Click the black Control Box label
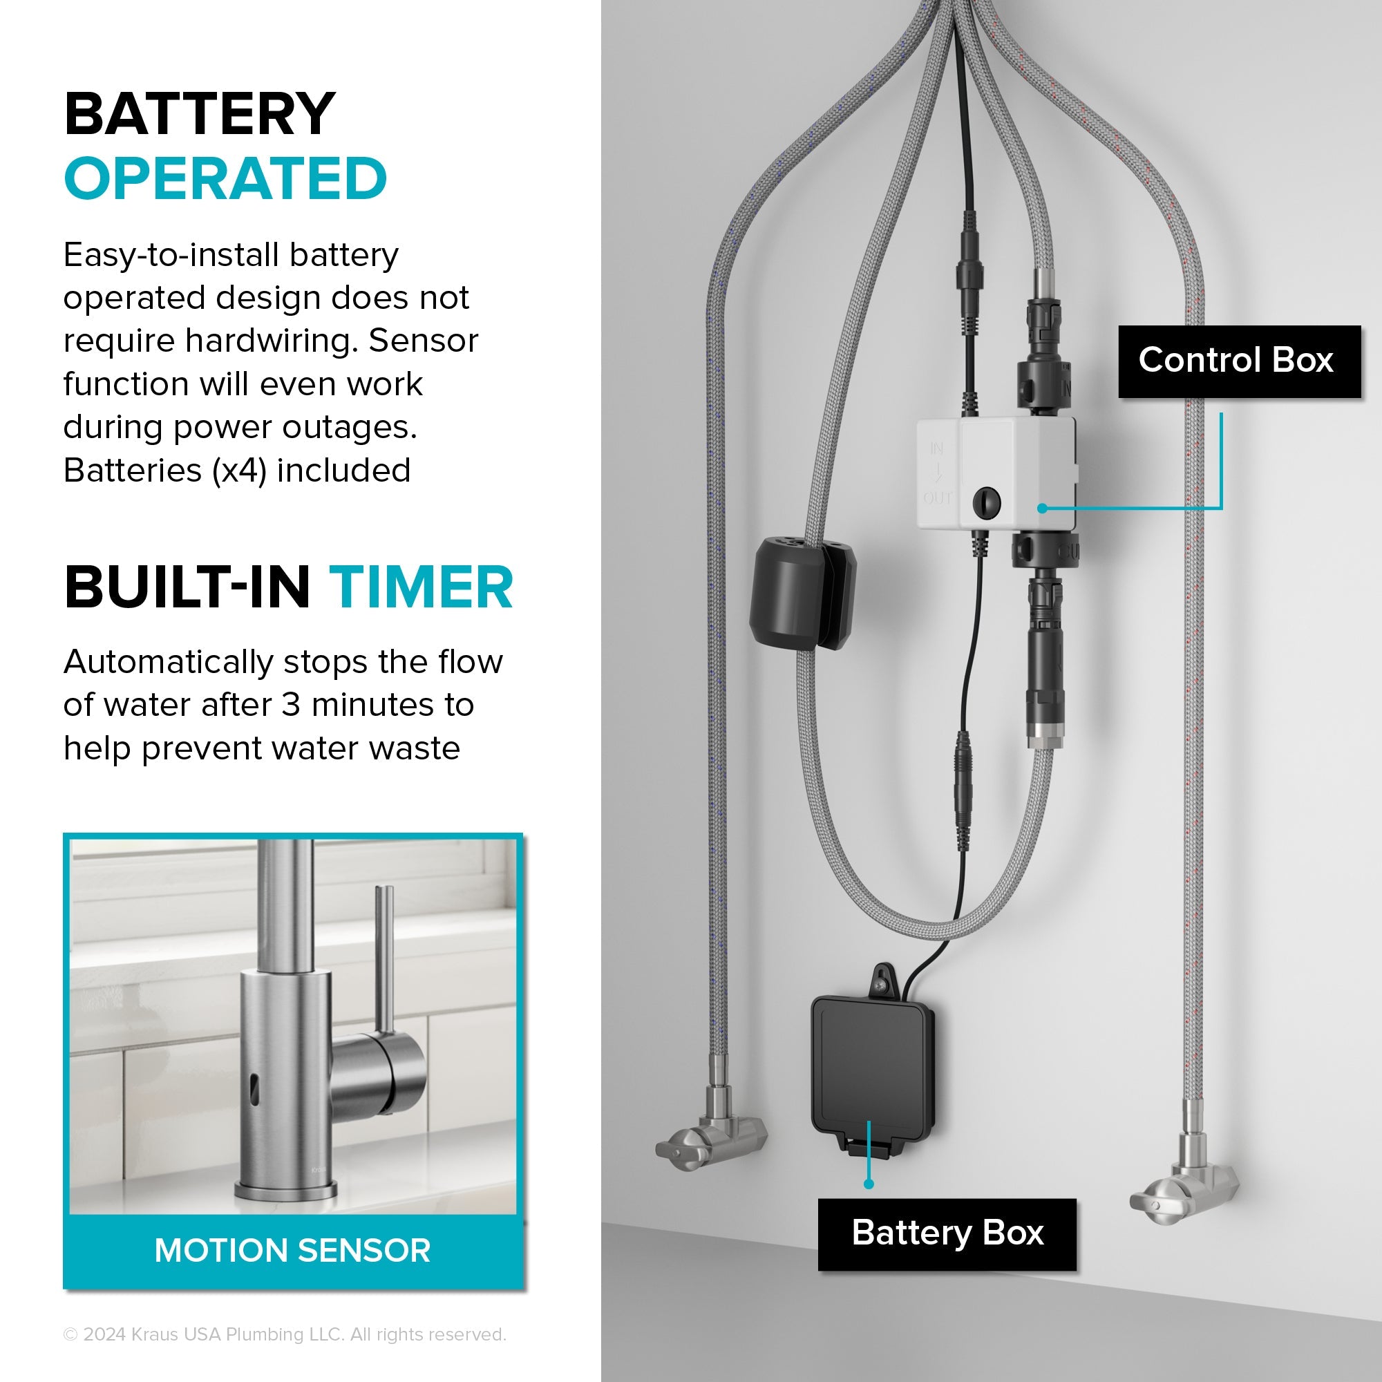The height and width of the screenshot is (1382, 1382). tap(1239, 361)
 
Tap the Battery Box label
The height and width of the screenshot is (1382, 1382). tap(947, 1234)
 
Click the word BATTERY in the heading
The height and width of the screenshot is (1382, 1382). tap(200, 114)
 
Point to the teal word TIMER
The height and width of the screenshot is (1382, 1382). tap(421, 587)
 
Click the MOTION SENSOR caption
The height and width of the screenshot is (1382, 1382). tap(292, 1251)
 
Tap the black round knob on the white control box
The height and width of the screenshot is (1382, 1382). tap(987, 501)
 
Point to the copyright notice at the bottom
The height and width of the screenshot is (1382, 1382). tap(285, 1334)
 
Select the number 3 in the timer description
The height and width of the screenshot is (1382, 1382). tap(290, 706)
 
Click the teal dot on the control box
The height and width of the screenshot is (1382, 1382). tap(1042, 508)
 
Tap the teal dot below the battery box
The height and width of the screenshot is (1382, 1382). tap(869, 1184)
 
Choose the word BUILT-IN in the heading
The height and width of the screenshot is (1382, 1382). tap(187, 587)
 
